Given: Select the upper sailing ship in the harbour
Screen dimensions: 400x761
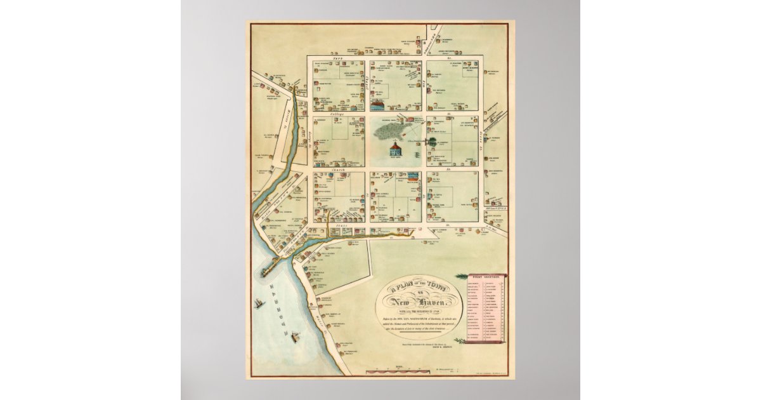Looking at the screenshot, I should [x=258, y=304].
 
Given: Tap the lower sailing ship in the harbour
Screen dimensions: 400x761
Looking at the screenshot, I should [x=295, y=338].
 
